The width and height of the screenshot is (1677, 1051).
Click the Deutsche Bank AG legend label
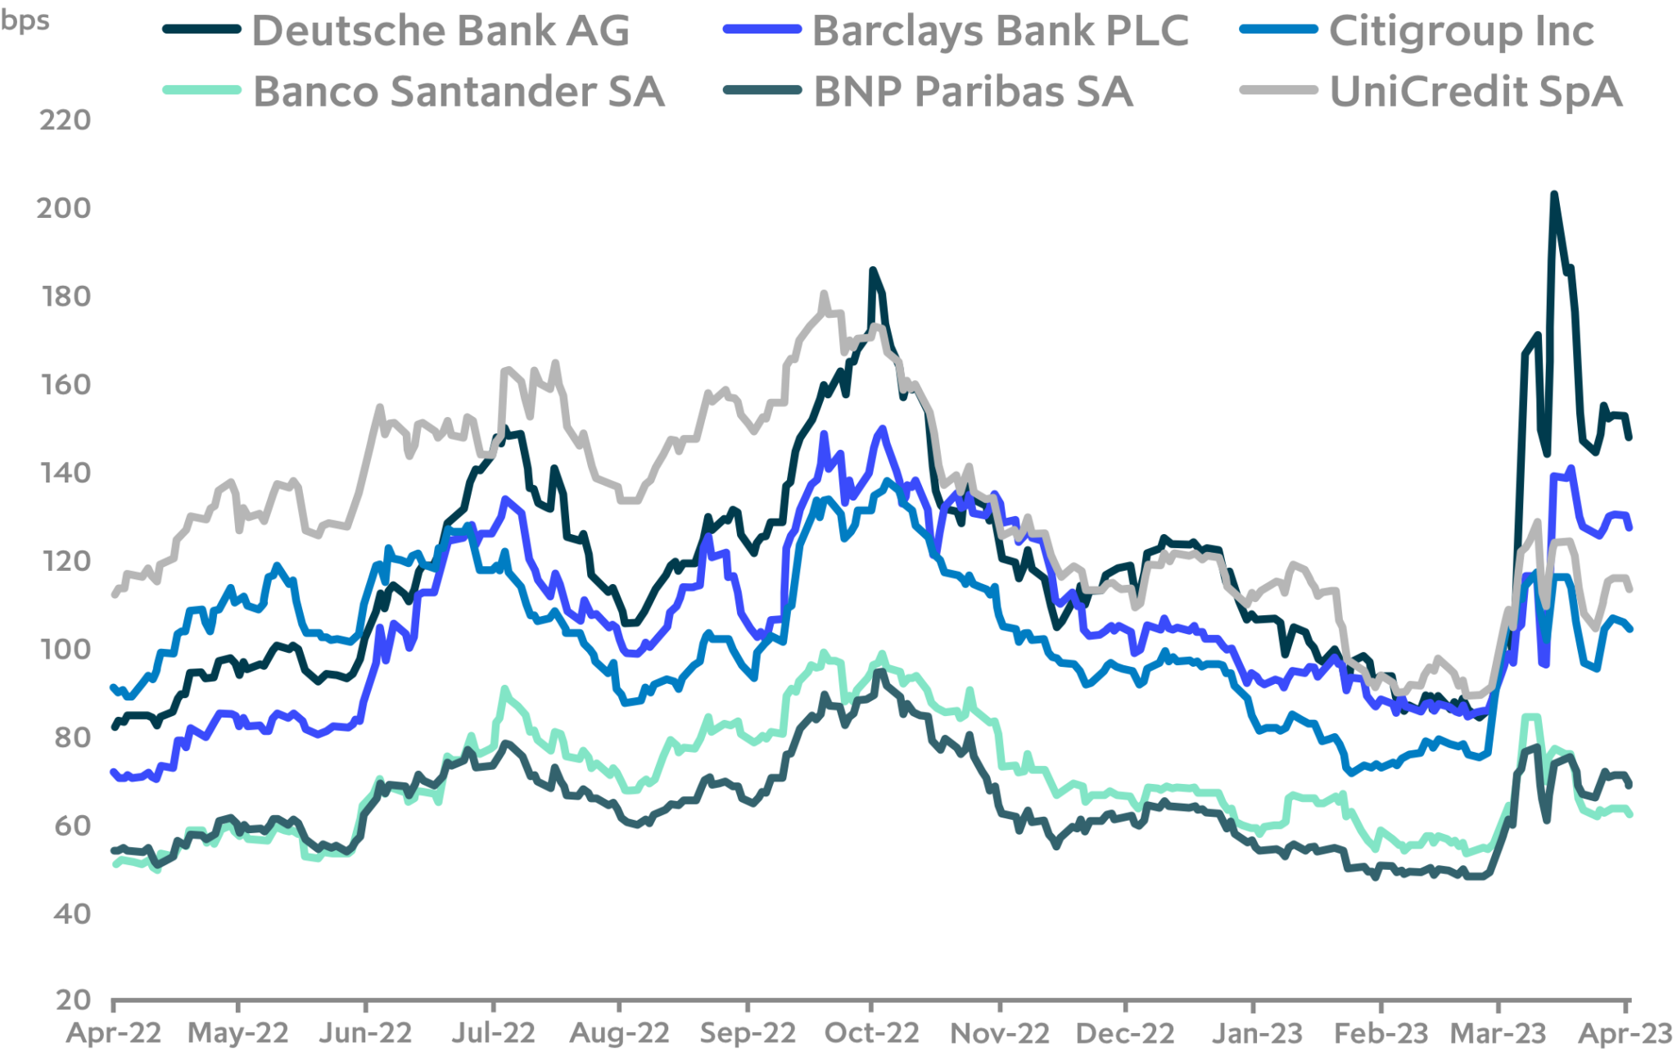point(441,31)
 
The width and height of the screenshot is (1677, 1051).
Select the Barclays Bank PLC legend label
point(1000,31)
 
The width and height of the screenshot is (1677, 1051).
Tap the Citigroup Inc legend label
point(1461,31)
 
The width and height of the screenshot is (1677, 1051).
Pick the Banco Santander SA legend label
point(459,91)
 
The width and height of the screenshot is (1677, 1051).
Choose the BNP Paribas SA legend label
point(973,91)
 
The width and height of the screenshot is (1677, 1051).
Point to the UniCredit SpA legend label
point(1476,91)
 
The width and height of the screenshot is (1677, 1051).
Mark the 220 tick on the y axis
point(65,121)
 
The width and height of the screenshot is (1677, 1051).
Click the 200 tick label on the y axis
point(63,209)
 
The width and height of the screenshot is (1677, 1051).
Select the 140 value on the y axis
point(65,473)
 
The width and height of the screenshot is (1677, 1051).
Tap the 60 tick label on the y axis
point(70,826)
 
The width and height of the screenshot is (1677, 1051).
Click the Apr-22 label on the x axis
point(114,1033)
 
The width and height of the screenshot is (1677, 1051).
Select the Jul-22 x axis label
point(495,1033)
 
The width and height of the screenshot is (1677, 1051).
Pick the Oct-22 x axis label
point(871,1033)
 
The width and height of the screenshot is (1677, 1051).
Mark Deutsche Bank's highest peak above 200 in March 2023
point(1553,194)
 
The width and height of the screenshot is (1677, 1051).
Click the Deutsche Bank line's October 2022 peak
point(873,269)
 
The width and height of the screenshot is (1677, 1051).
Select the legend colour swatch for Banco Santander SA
point(201,90)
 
